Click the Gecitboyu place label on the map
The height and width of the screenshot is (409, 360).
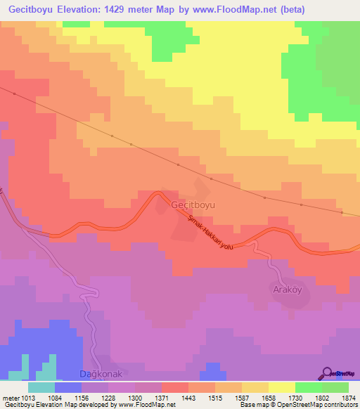[193, 204]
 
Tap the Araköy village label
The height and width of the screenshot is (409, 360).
[288, 289]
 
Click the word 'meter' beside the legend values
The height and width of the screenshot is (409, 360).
[10, 398]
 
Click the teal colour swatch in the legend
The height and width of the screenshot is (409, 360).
[41, 387]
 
